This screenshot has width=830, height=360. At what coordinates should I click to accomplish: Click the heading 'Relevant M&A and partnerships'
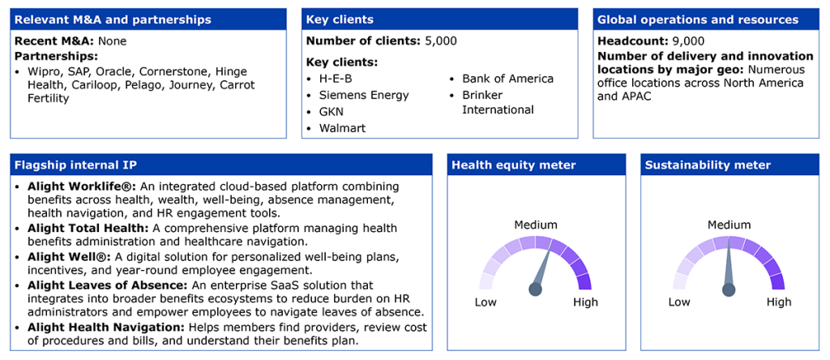[113, 20]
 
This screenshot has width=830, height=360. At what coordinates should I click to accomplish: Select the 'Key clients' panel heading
[340, 20]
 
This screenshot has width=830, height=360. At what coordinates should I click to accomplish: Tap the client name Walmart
[342, 128]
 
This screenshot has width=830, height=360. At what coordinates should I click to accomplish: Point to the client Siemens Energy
[364, 96]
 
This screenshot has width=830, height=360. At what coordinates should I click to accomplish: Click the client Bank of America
[507, 79]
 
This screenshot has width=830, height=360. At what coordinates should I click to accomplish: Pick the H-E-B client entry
[336, 79]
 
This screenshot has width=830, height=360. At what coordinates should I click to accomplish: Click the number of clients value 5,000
[441, 41]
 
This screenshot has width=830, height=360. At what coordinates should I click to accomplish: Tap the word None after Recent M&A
[112, 41]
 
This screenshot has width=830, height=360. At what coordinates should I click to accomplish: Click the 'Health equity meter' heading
[513, 165]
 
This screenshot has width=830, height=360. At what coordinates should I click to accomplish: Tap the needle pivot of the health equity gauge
[535, 289]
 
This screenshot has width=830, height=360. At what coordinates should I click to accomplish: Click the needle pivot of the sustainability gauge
[729, 289]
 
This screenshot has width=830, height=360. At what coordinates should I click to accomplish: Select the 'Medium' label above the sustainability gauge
[729, 225]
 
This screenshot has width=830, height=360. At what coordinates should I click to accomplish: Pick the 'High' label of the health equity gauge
[585, 302]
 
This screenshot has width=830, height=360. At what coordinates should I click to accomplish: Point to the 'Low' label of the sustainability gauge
[679, 302]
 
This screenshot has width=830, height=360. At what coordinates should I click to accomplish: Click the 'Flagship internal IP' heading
[75, 165]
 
